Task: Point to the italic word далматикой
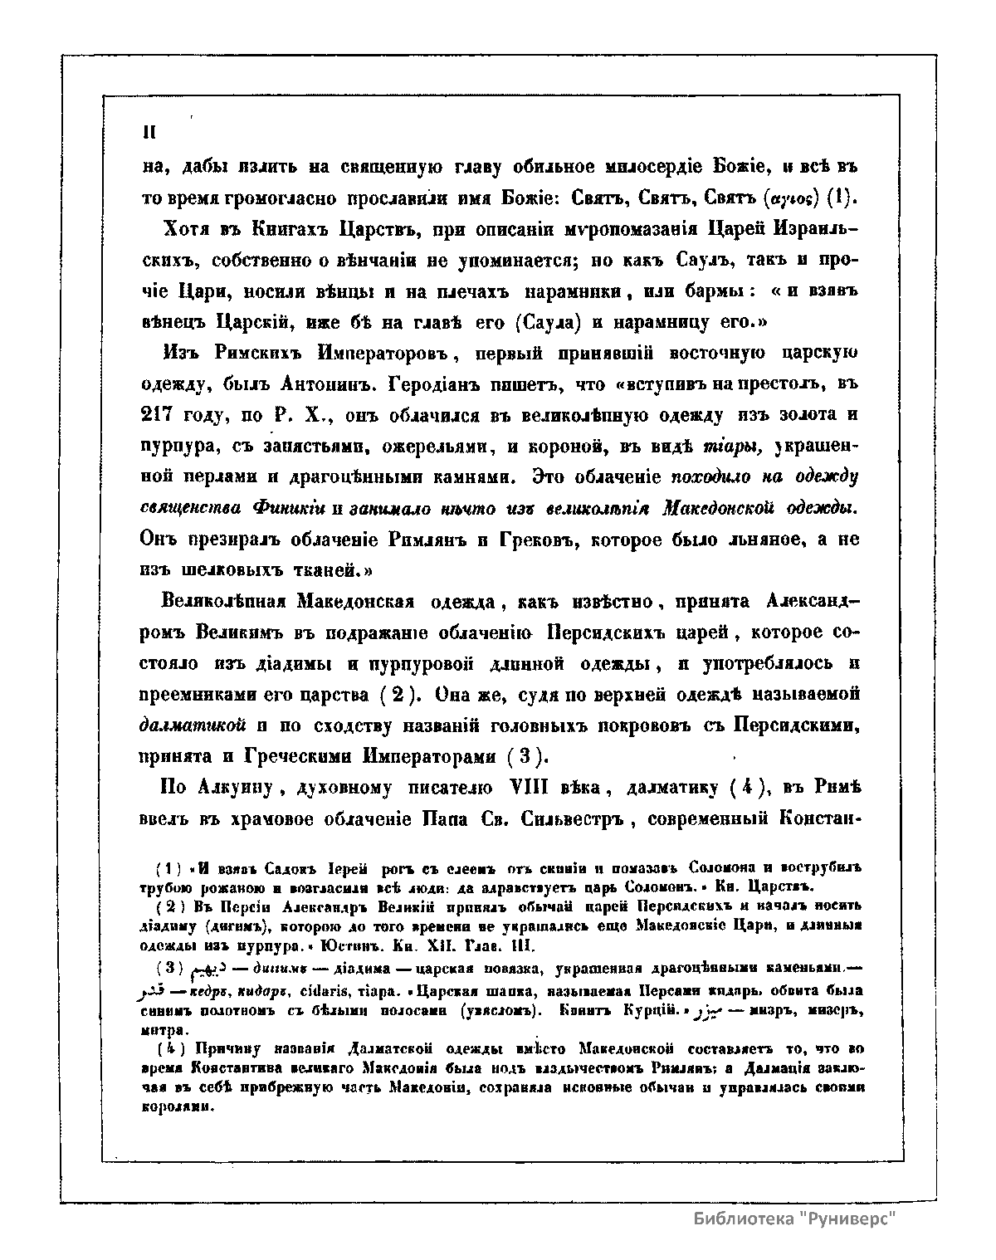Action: coord(193,725)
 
